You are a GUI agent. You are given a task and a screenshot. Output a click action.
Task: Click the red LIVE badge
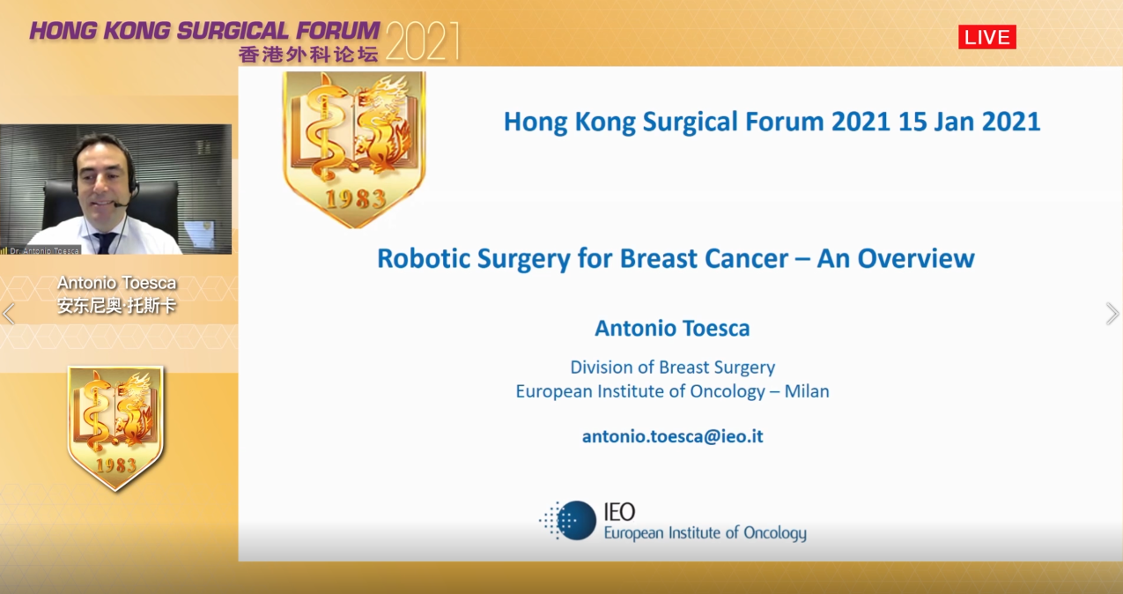pos(986,37)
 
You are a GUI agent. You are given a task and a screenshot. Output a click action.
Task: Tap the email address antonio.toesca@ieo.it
pos(672,436)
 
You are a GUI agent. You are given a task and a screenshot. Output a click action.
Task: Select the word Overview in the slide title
pos(916,258)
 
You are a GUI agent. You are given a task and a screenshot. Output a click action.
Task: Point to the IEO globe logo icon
pos(568,520)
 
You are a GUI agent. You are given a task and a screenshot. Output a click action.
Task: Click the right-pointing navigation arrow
pos(1112,314)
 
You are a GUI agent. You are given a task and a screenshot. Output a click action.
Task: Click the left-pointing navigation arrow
pos(9,314)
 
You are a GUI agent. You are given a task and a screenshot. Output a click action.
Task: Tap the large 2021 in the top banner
pos(422,41)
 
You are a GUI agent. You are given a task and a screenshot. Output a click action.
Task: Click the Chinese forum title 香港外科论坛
pos(307,54)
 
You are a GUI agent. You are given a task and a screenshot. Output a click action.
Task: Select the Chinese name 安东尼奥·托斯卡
pos(116,306)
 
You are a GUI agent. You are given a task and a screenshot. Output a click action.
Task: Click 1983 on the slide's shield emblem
pos(356,198)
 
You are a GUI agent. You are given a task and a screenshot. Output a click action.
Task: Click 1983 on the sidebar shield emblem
pos(115,465)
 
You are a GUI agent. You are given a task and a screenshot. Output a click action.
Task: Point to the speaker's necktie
pos(106,243)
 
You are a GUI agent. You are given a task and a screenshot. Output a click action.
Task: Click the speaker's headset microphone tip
pos(115,204)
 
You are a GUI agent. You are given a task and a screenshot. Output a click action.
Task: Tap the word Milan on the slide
pos(807,391)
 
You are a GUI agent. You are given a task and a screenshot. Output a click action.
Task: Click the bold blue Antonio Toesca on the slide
pos(672,328)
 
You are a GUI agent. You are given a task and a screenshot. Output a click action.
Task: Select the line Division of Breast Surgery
pos(673,368)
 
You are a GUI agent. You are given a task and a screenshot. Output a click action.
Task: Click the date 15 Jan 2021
pos(969,122)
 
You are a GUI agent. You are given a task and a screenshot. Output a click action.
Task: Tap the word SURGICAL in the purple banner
pos(233,31)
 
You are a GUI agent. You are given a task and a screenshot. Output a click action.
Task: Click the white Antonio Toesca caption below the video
pos(117,283)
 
